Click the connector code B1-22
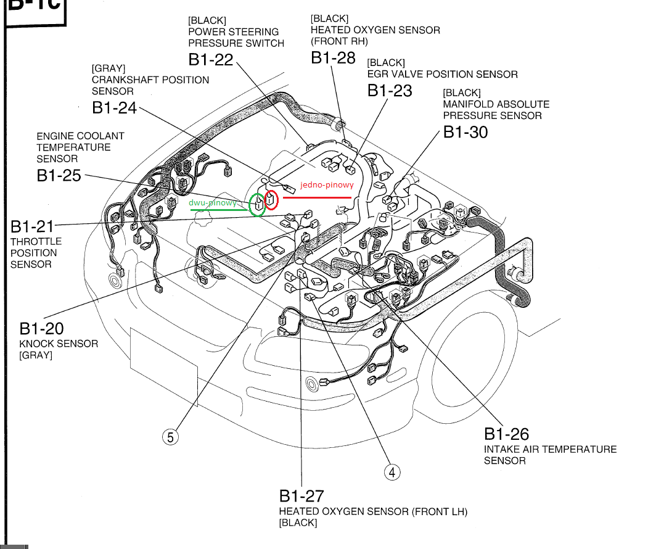[211, 60]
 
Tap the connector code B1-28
[333, 58]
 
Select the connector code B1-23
[390, 90]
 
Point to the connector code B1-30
[465, 132]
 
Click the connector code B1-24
[115, 107]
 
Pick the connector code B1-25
[59, 175]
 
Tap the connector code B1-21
[33, 226]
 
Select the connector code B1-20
[41, 328]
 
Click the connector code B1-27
[301, 495]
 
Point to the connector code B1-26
[506, 434]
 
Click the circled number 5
[170, 437]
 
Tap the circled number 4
[392, 473]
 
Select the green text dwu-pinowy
[213, 202]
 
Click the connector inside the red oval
[271, 199]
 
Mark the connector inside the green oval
[258, 204]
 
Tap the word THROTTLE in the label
[36, 241]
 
